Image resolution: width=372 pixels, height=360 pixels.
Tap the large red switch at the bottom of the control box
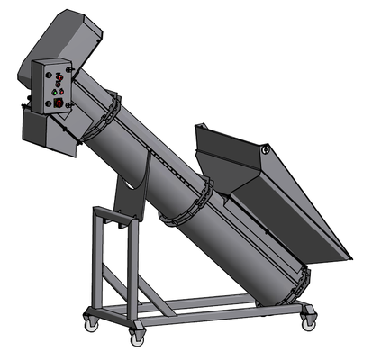coord(59,103)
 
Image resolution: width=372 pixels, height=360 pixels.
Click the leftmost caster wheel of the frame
coord(91,318)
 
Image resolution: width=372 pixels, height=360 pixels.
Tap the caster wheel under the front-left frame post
coord(137,336)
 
